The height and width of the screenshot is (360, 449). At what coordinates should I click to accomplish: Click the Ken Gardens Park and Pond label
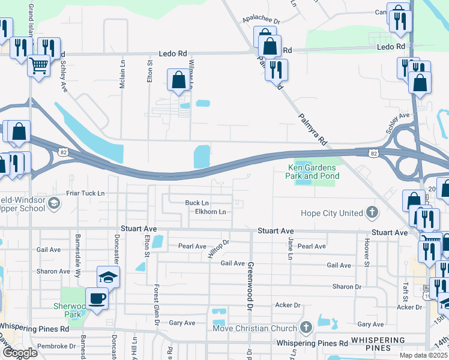point(313,172)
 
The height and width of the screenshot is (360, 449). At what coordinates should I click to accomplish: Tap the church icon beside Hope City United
point(373,212)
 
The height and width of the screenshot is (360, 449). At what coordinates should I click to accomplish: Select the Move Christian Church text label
point(255,328)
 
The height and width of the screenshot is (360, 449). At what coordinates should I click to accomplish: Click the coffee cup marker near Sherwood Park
point(97,298)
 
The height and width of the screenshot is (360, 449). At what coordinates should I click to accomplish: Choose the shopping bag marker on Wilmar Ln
point(178,80)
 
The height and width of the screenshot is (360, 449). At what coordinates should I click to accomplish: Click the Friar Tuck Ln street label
point(85,193)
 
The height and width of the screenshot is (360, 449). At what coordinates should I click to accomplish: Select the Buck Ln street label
point(197,203)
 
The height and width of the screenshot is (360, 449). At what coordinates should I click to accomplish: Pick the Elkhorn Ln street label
point(210,212)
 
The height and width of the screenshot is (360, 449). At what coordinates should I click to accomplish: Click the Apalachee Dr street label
point(261,20)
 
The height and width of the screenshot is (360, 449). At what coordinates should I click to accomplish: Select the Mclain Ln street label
point(122,77)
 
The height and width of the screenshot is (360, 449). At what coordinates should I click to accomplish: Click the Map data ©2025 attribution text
point(424,355)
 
